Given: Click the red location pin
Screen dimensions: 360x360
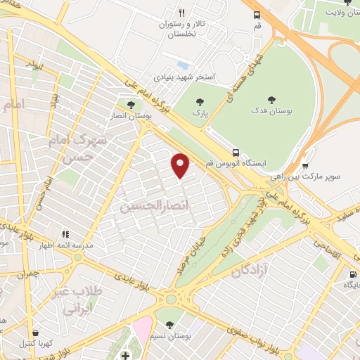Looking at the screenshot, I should [x=181, y=165].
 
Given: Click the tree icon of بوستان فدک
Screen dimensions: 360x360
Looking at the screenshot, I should [x=272, y=99].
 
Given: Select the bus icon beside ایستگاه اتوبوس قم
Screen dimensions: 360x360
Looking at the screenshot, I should [x=236, y=152].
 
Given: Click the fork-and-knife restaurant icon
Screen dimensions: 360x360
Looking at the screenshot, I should [x=181, y=13].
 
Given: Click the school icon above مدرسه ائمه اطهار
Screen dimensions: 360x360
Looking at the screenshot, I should [x=65, y=234].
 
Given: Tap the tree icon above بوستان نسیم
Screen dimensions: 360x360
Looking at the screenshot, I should [x=169, y=324].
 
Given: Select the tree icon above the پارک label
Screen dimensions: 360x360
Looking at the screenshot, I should [x=200, y=100].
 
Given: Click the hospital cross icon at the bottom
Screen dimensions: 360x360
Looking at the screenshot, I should [x=125, y=353].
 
